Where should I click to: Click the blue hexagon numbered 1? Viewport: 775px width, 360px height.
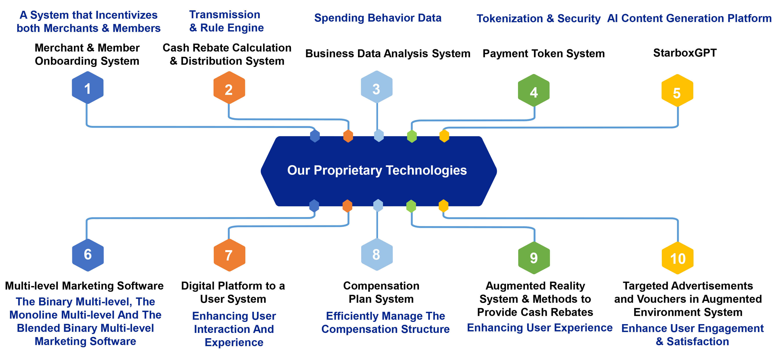(x=88, y=88)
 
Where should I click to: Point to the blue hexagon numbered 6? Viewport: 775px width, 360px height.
(x=88, y=255)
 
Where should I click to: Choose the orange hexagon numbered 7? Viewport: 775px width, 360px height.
(x=229, y=255)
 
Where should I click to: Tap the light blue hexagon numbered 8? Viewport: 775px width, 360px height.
(x=377, y=255)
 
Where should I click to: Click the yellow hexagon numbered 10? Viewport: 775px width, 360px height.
(x=677, y=258)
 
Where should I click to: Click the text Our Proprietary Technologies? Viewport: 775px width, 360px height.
(x=377, y=170)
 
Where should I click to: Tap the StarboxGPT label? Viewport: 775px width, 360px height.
(x=685, y=53)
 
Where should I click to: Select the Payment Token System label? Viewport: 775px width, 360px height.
(x=543, y=54)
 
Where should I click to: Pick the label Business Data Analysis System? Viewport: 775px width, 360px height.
(x=388, y=54)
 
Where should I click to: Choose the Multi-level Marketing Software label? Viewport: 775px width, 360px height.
(x=84, y=286)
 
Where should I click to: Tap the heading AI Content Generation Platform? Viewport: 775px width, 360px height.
(x=689, y=18)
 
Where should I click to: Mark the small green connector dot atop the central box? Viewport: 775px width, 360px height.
(x=412, y=136)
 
